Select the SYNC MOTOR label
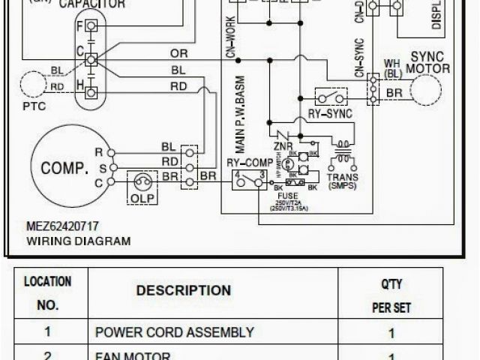tap(428, 62)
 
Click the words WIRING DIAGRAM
tap(79, 241)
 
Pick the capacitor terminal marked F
tap(91, 25)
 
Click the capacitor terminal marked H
tap(91, 92)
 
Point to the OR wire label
tap(179, 53)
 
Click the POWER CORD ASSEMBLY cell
tap(175, 332)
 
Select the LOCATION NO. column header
tap(48, 294)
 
